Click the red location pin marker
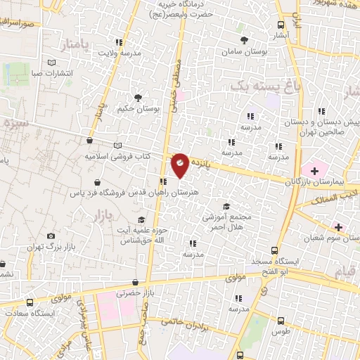pos(180,166)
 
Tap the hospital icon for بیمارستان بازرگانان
pos(314,169)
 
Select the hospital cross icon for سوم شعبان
pos(339,227)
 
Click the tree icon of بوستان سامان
pos(244,41)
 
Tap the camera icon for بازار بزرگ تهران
pos(51,236)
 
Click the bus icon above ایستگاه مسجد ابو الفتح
pos(275,250)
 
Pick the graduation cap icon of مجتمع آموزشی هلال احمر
pos(226,206)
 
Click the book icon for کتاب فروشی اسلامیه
pos(88,145)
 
